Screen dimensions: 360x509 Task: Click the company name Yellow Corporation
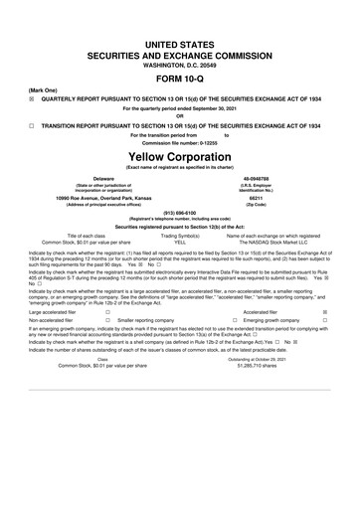pyautogui.click(x=180, y=157)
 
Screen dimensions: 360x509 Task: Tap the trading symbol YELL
pyautogui.click(x=180, y=241)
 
